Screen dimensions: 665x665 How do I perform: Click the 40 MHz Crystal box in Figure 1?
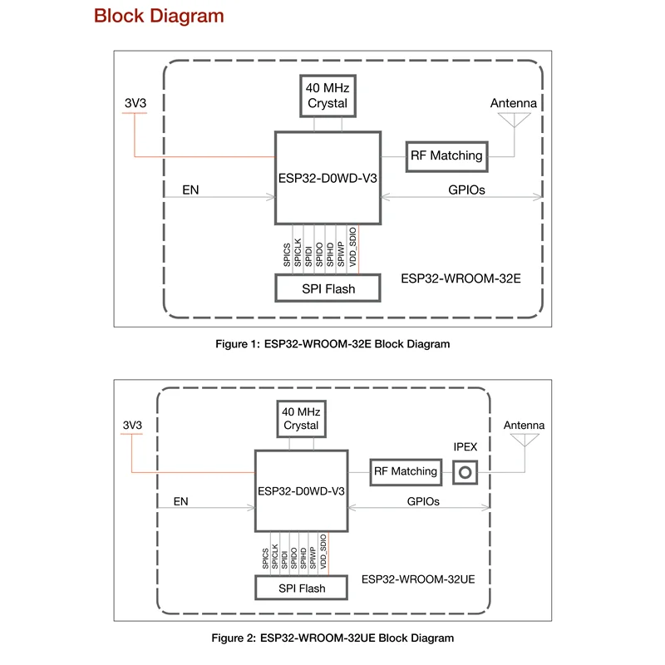(x=327, y=96)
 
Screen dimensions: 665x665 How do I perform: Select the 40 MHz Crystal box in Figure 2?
(x=301, y=418)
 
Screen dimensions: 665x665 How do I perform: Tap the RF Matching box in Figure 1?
(x=445, y=155)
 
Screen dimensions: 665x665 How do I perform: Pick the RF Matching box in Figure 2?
(x=406, y=471)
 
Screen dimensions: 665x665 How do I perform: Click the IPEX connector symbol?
(x=466, y=472)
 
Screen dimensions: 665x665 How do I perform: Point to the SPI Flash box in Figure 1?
(x=327, y=288)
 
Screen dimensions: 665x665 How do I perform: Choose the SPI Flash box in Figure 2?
(x=301, y=589)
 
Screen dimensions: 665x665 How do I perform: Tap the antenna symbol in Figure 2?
(x=524, y=441)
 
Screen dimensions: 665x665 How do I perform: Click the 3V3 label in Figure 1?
(x=134, y=103)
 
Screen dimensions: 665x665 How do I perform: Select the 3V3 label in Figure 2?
(x=132, y=425)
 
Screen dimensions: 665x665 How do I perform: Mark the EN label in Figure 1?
(x=191, y=190)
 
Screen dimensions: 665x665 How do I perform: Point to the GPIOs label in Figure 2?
(x=423, y=501)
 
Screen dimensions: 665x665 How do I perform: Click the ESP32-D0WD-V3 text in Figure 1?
(x=327, y=176)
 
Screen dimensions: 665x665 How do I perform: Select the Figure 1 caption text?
(x=332, y=344)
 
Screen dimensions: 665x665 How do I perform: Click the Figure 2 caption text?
(x=332, y=638)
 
